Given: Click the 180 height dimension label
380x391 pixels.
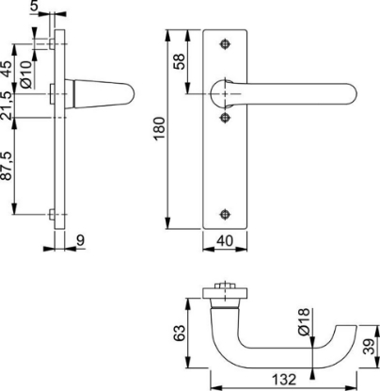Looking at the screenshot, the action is coord(160,128).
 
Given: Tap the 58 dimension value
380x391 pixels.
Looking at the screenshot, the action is coord(180,61).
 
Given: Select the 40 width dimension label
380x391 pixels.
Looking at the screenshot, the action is coord(225,241).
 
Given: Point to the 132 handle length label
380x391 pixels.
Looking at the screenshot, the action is coord(284,380).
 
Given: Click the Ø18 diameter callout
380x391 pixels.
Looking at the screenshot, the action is coord(304,322).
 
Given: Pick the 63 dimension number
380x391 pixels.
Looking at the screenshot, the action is coord(180,334).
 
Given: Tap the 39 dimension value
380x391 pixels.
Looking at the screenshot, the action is coord(371,347).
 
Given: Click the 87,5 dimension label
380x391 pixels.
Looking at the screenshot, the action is coord(7,166).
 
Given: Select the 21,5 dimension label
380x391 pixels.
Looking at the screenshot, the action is coord(7,106).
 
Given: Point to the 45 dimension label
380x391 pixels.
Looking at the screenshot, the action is coord(7,69).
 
